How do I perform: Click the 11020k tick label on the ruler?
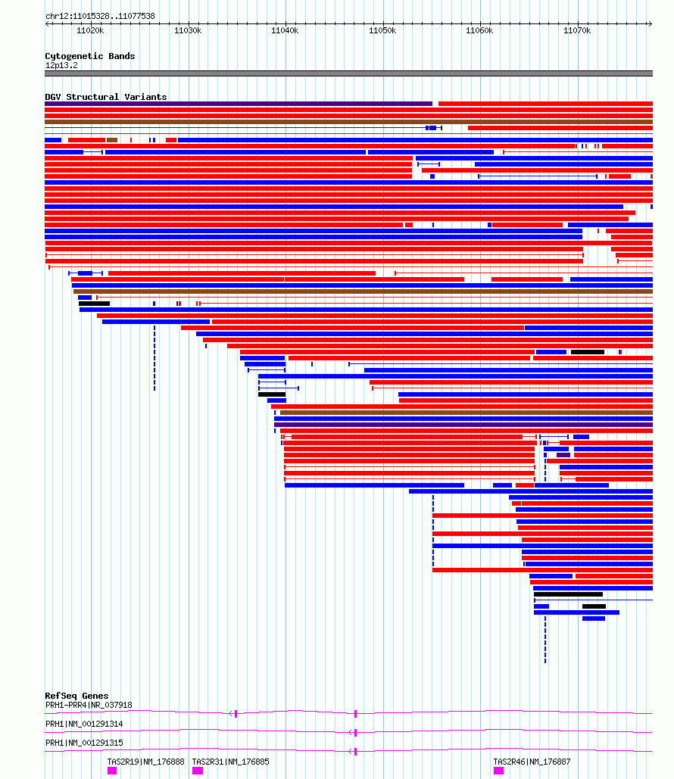90,31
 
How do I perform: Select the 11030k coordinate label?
188,31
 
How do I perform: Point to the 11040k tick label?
285,31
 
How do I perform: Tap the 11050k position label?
382,31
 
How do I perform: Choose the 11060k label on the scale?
479,31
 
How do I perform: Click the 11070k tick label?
577,31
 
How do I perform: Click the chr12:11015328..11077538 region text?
101,16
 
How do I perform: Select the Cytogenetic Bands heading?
90,56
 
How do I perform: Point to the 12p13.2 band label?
61,66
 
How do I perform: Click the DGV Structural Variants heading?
106,97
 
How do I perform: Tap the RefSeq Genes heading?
76,696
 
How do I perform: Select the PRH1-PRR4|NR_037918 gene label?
89,705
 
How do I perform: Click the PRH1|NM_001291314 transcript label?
84,724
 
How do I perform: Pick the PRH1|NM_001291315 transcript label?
84,743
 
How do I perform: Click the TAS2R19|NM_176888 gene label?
145,762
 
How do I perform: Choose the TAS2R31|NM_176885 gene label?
231,762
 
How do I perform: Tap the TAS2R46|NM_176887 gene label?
532,762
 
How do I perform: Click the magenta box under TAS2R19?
112,771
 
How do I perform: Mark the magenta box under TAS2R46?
498,771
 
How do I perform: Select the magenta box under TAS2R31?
198,771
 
